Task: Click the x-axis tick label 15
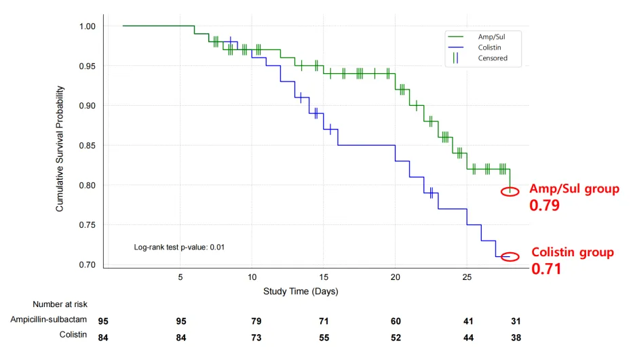324,277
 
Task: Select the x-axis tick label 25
467,277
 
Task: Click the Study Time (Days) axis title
301,292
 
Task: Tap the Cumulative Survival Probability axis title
60,148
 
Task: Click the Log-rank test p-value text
180,247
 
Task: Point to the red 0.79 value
544,205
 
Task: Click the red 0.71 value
545,269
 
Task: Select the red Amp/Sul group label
574,188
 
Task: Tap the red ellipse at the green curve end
510,191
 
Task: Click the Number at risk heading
60,304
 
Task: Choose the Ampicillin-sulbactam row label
49,320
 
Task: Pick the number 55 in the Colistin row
324,337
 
